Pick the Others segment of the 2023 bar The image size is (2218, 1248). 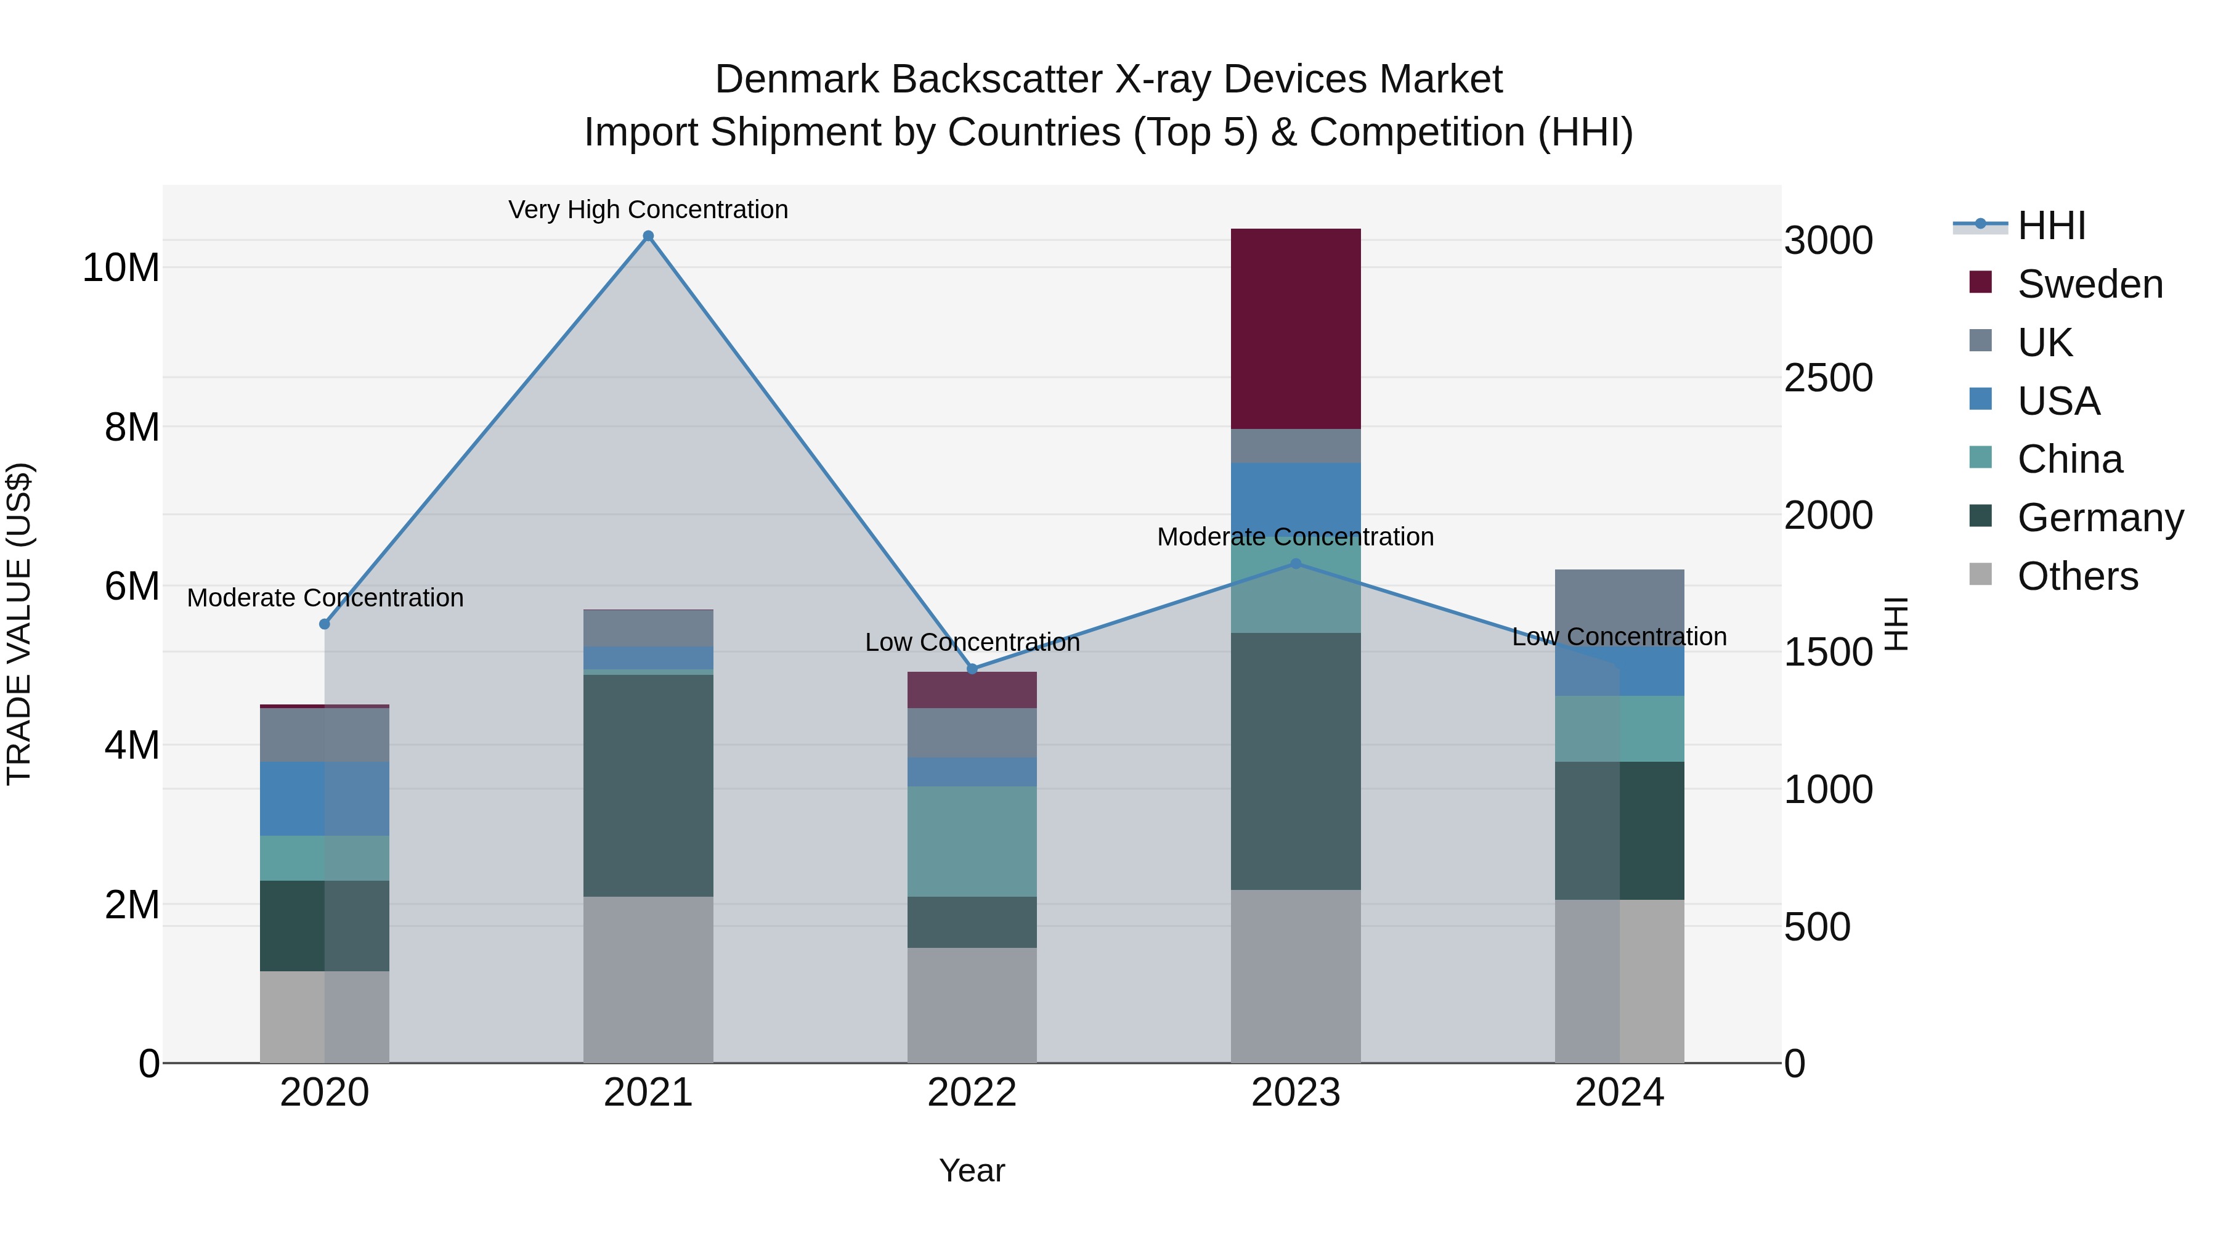pos(1295,976)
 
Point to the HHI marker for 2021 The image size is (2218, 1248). pos(648,236)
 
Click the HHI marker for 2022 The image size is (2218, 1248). pos(972,669)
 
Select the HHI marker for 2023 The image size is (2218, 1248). pos(1296,563)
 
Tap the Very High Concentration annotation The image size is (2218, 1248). pos(648,210)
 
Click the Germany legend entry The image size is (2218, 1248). pos(2099,518)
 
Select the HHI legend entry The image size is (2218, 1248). pos(2051,226)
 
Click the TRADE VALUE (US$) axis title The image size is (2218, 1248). pos(19,624)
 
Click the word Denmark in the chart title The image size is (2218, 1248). pos(797,80)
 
